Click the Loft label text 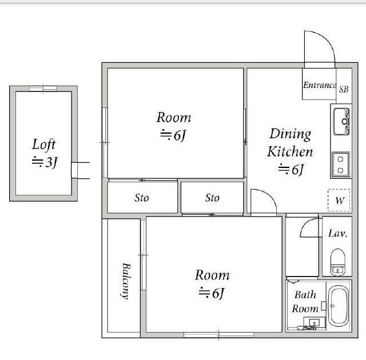(x=44, y=145)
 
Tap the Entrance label (x=320, y=85)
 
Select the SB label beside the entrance (x=344, y=89)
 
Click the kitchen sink (x=341, y=122)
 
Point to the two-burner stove (x=341, y=165)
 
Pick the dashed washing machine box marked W (x=339, y=200)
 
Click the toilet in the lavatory (x=338, y=262)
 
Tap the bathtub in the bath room (x=338, y=306)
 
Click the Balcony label (x=126, y=281)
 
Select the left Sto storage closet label (x=142, y=198)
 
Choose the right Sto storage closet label (x=212, y=198)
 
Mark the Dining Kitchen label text (x=290, y=143)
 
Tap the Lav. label (x=337, y=233)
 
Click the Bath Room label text (x=305, y=302)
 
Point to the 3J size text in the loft (x=45, y=162)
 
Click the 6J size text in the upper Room (x=173, y=135)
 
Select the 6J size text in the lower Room (x=212, y=293)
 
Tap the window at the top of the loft (x=43, y=89)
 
